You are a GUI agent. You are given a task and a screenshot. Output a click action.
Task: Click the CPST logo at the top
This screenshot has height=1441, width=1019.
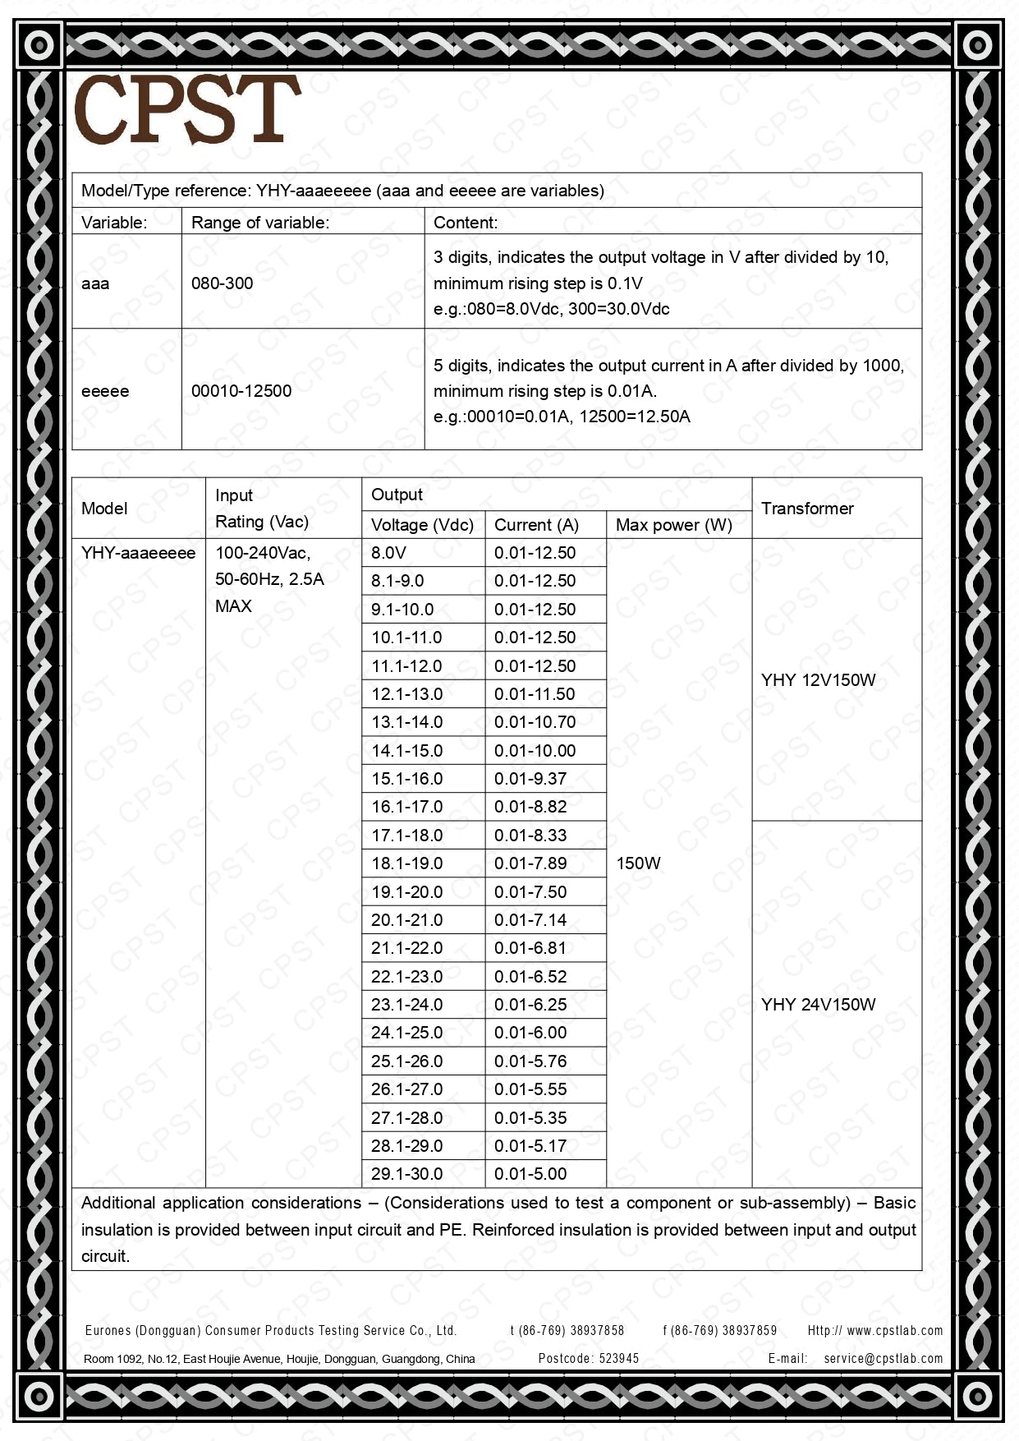pos(187,109)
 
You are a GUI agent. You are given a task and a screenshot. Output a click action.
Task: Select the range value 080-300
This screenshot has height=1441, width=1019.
pos(222,283)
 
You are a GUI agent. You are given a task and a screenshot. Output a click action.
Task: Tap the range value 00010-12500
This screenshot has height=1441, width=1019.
pos(241,391)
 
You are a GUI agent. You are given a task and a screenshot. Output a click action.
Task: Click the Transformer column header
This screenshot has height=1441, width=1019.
pos(807,509)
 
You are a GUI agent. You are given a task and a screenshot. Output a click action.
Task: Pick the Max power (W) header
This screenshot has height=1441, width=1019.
pos(673,525)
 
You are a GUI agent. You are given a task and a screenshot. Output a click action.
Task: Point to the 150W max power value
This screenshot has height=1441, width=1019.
pos(638,863)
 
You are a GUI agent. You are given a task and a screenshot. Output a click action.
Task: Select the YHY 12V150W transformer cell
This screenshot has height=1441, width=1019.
pos(818,680)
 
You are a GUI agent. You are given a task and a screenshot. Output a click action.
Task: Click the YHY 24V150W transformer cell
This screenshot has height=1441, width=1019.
pos(818,1005)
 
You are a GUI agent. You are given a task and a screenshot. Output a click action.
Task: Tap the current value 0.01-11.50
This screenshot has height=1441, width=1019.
pos(535,694)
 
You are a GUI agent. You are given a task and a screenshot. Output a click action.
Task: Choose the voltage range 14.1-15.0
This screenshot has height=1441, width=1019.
pos(406,751)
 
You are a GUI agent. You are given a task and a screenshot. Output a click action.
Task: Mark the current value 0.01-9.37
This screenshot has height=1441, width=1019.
pos(530,779)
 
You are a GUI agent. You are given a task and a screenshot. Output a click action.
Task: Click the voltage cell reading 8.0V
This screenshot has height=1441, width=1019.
pos(388,553)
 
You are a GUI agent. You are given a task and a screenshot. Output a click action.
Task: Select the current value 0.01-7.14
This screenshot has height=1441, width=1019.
pos(530,920)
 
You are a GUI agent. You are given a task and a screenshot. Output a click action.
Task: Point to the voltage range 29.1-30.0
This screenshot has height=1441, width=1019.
pos(406,1174)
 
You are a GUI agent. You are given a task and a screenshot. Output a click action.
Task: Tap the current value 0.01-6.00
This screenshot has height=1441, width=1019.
pos(530,1033)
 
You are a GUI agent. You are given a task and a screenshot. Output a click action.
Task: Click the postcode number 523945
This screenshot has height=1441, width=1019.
pos(619,1358)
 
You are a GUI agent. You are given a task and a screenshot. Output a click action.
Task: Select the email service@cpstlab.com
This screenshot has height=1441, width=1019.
pos(883,1358)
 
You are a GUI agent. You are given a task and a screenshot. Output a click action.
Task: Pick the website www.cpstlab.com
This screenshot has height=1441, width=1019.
pos(894,1330)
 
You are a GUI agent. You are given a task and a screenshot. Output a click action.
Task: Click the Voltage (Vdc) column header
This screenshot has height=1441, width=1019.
pos(422,525)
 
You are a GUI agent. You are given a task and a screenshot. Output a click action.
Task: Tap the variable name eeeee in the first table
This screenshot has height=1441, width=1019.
pos(105,391)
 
